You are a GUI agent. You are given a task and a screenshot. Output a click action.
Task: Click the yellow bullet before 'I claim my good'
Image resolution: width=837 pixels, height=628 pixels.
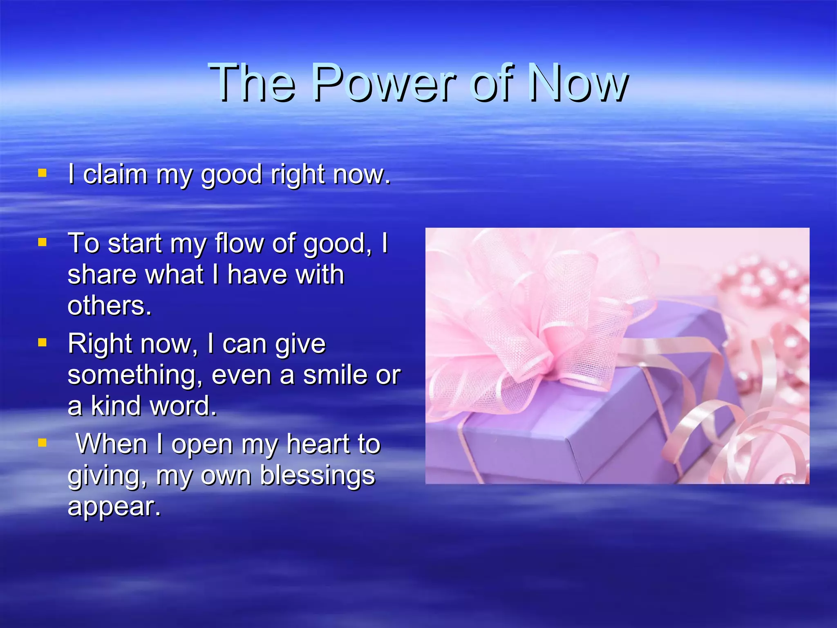(x=42, y=173)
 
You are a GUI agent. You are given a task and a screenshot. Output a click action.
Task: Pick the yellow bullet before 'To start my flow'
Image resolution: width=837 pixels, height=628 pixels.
(x=42, y=242)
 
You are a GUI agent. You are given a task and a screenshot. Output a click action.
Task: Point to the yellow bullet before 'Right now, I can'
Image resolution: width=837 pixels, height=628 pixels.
(x=42, y=342)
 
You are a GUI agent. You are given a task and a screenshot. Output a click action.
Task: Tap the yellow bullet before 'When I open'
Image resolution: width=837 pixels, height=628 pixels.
(x=42, y=442)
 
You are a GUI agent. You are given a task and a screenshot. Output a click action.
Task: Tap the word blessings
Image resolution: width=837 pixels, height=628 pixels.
(x=317, y=475)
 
